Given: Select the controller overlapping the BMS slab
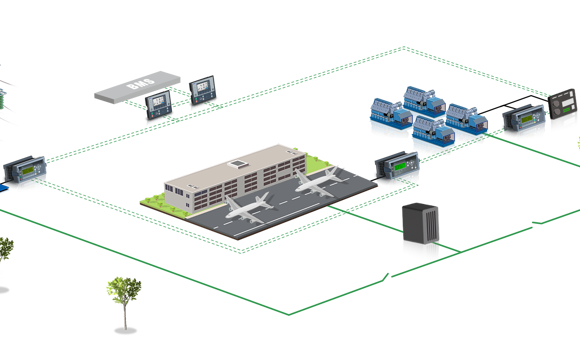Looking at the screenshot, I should tap(158, 104).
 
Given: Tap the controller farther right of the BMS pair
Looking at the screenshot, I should tap(204, 90).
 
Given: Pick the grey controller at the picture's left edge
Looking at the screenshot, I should tap(24, 173).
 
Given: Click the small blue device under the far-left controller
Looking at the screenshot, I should tap(5, 187).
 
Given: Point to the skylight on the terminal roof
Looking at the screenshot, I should tap(239, 164).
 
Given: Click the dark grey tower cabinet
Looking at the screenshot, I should tap(419, 232).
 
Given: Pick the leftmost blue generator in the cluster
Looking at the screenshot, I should tap(385, 113).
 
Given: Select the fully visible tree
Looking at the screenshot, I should tap(123, 296).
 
